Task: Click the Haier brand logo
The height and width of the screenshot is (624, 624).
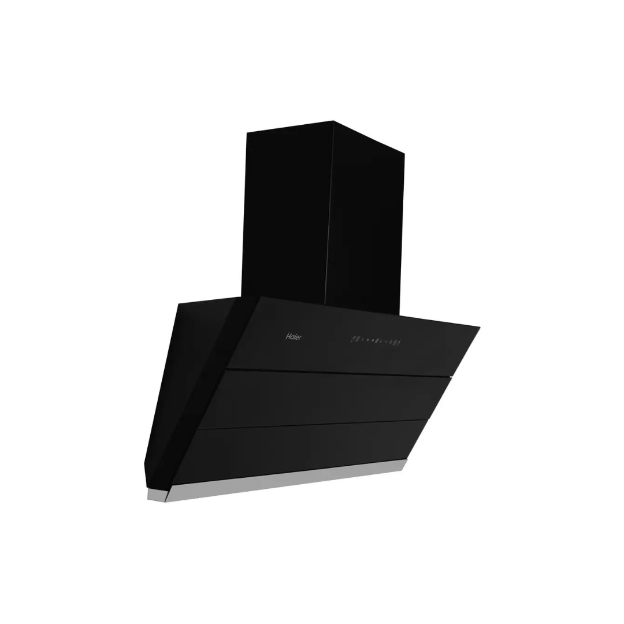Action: pyautogui.click(x=294, y=337)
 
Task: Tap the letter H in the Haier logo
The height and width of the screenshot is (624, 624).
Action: pyautogui.click(x=288, y=336)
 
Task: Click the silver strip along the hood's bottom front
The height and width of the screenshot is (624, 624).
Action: pyautogui.click(x=289, y=481)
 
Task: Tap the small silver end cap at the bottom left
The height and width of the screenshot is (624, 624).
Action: pyautogui.click(x=156, y=495)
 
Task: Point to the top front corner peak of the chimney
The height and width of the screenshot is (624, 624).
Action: pyautogui.click(x=333, y=121)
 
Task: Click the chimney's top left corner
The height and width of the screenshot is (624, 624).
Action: pyautogui.click(x=248, y=133)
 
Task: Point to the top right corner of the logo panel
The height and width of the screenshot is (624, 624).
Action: pyautogui.click(x=478, y=328)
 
